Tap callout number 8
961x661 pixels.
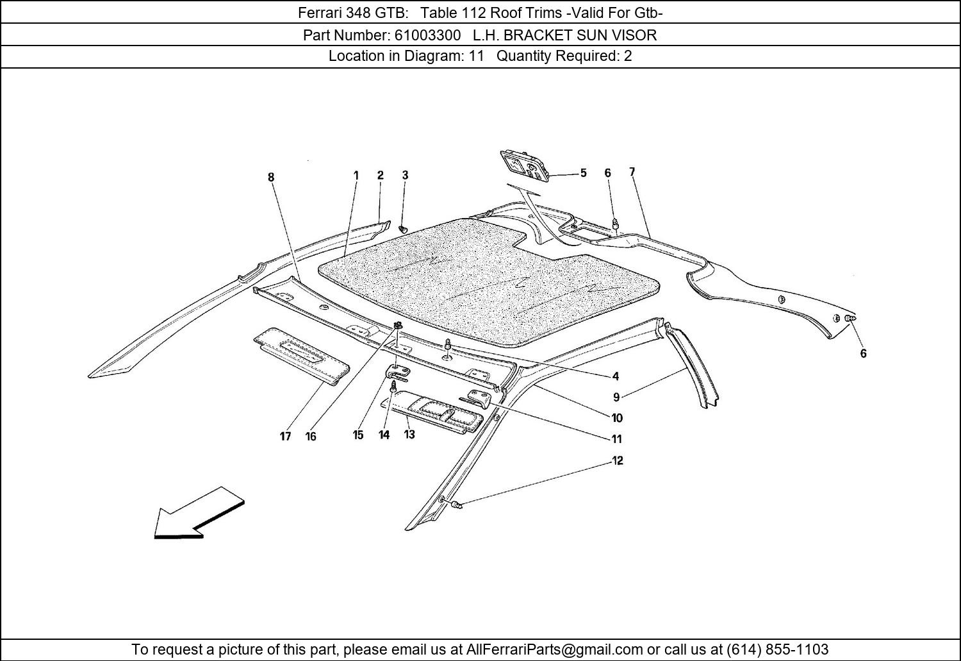click(271, 177)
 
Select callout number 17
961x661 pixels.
click(285, 437)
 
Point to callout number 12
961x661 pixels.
click(618, 460)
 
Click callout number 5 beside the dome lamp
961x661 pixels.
click(584, 173)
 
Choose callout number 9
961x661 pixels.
click(616, 397)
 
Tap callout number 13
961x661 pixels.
click(409, 435)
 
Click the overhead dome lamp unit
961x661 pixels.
click(525, 167)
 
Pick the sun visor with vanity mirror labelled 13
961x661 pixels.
click(432, 410)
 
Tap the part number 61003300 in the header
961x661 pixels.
click(427, 35)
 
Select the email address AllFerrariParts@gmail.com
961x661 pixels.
click(554, 649)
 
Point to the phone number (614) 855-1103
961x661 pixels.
click(777, 649)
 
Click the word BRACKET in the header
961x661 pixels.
click(538, 35)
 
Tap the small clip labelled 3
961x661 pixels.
click(403, 230)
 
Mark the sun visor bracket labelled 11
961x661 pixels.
click(479, 397)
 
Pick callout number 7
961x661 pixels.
click(632, 172)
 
